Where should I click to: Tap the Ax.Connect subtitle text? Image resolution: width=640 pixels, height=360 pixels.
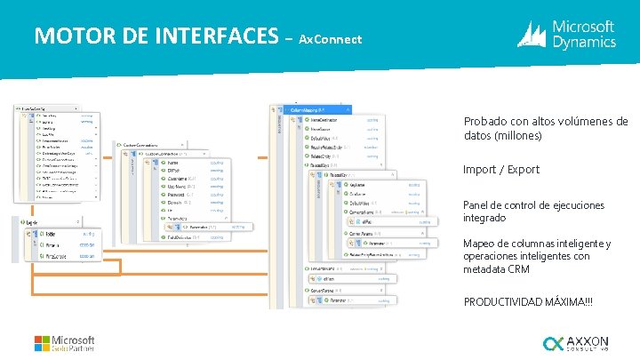[x=330, y=40]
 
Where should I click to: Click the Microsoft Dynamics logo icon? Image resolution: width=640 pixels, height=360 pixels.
[x=532, y=34]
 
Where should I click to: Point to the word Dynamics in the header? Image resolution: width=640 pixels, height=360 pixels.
[x=584, y=42]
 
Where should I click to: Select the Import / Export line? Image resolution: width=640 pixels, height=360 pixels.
[x=501, y=170]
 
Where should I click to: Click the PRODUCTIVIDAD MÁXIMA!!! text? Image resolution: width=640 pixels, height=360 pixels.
[x=528, y=302]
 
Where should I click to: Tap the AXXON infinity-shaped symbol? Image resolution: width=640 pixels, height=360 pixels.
[x=553, y=343]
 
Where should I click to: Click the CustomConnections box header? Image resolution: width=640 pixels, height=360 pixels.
[x=148, y=145]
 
